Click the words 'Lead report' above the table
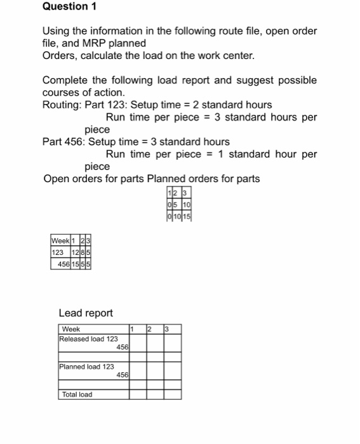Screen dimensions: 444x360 pyautogui.click(x=85, y=313)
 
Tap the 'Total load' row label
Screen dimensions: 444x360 pyautogui.click(x=77, y=395)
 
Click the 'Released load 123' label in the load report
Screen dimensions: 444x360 pyautogui.click(x=88, y=339)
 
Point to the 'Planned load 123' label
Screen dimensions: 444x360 pyautogui.click(x=86, y=367)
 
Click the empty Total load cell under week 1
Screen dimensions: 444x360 pyautogui.click(x=138, y=395)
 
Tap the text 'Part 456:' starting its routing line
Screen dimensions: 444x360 pyautogui.click(x=63, y=141)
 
